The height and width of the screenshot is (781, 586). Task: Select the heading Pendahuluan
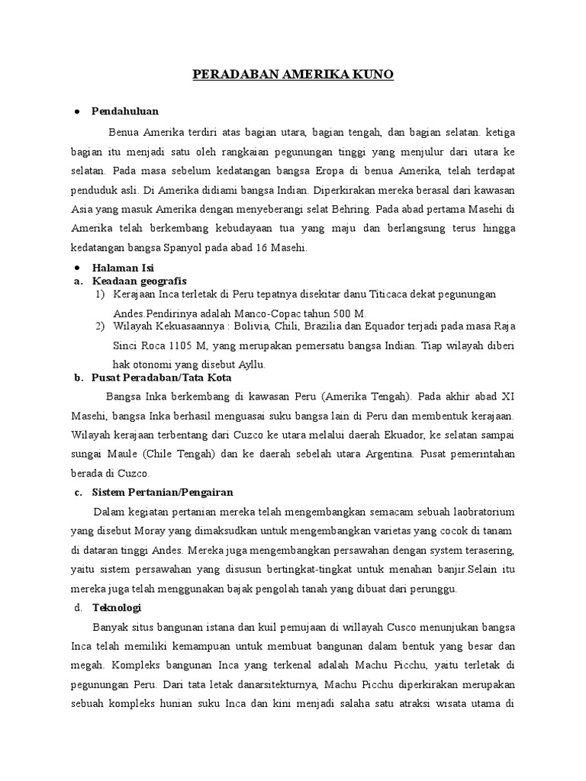tap(125, 111)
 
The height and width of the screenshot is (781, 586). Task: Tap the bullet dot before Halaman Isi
tap(78, 268)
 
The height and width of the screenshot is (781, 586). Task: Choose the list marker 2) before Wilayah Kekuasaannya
tap(100, 326)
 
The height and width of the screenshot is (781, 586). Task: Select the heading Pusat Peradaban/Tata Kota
tap(161, 378)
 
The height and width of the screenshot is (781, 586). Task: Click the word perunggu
tap(431, 589)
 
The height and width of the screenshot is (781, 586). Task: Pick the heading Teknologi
tap(117, 608)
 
